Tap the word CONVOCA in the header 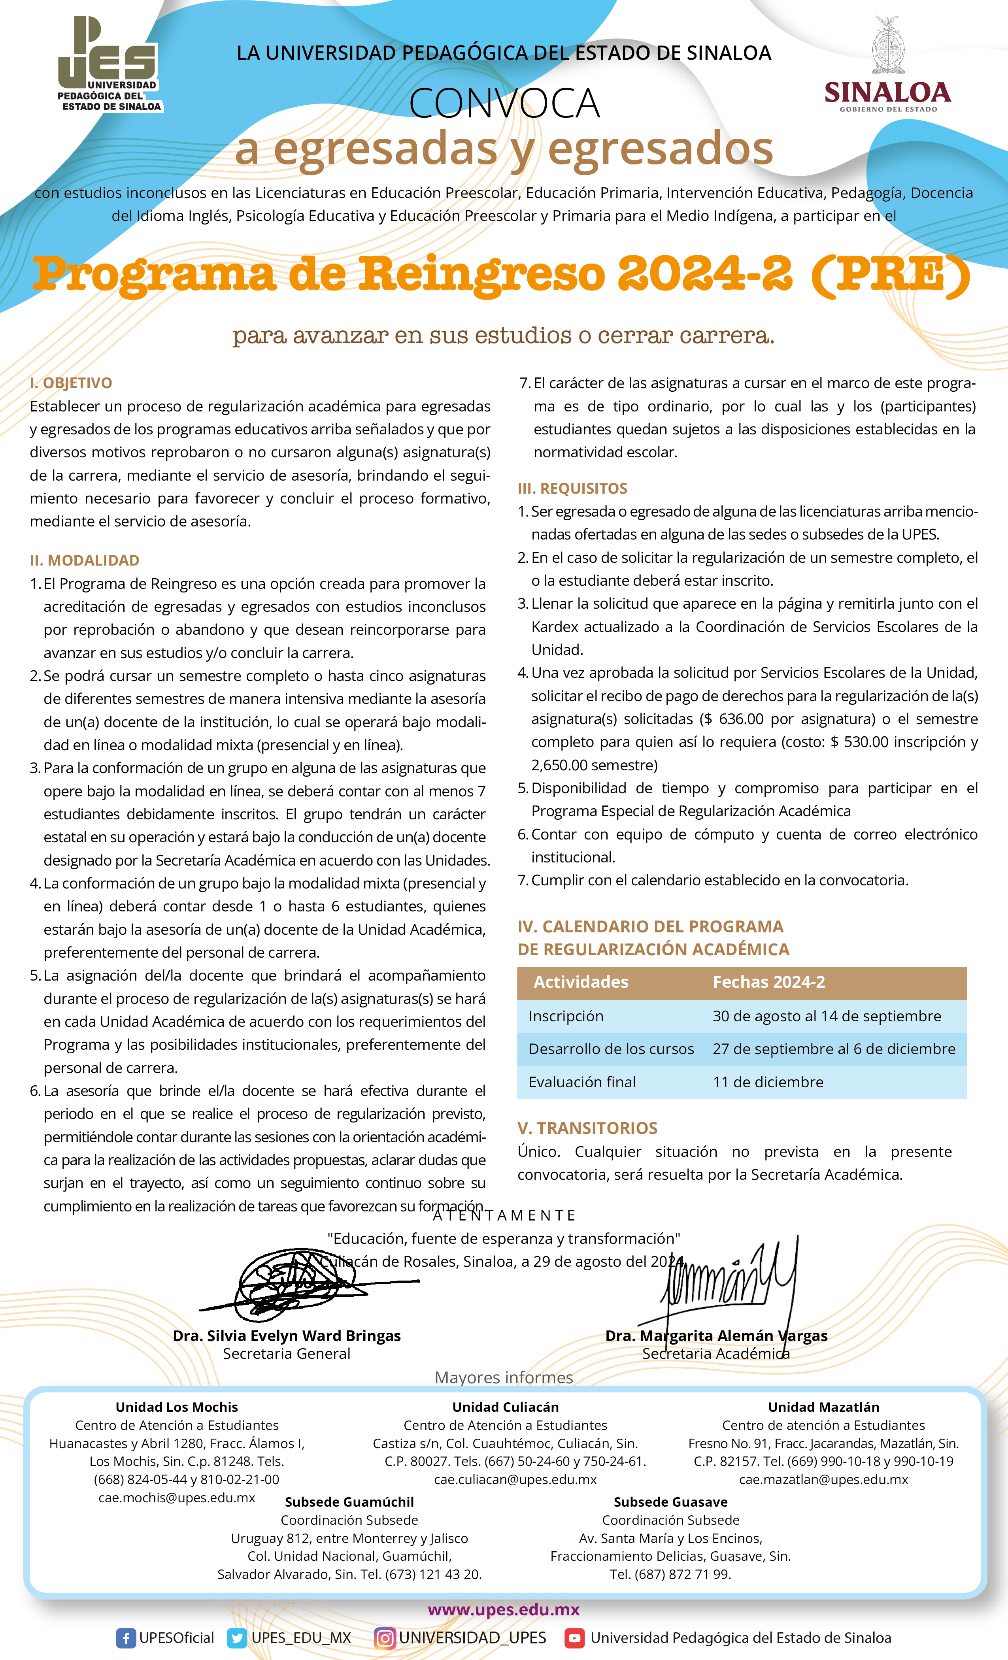pos(504,104)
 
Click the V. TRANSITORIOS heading pos(587,1128)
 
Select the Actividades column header pos(581,982)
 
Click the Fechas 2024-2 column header pos(768,982)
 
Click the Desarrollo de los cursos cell pos(611,1049)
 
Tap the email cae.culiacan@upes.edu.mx pos(515,1479)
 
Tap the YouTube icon pos(574,1638)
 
